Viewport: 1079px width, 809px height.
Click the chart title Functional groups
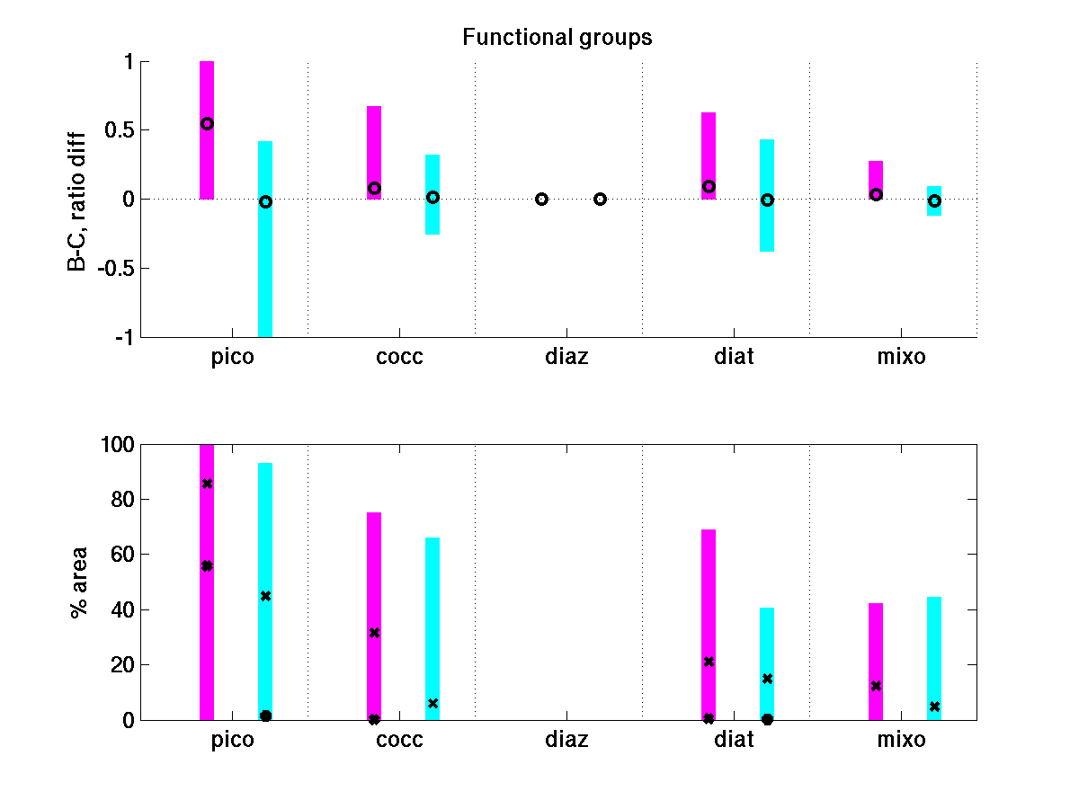557,38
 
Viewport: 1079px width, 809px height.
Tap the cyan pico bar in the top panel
265,270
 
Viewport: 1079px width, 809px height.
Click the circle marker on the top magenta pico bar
207,124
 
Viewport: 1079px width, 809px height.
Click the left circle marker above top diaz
542,199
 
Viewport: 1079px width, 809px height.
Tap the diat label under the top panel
734,357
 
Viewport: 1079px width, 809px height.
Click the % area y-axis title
80,582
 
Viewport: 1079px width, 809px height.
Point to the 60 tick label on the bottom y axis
122,555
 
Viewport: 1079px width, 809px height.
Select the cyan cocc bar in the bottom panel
432,629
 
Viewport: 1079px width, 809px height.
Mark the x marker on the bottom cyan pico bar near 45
265,596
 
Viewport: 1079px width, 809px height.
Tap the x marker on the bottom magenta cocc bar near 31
374,633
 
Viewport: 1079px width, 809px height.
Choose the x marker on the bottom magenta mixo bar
876,686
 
